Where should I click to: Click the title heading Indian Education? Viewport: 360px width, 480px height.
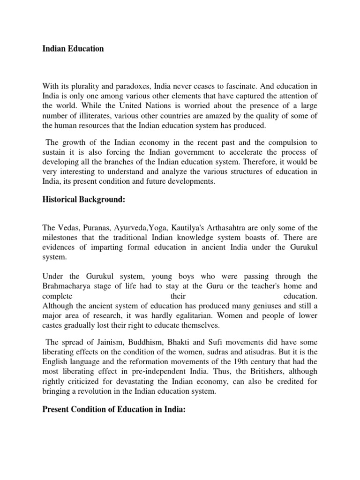click(x=73, y=49)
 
